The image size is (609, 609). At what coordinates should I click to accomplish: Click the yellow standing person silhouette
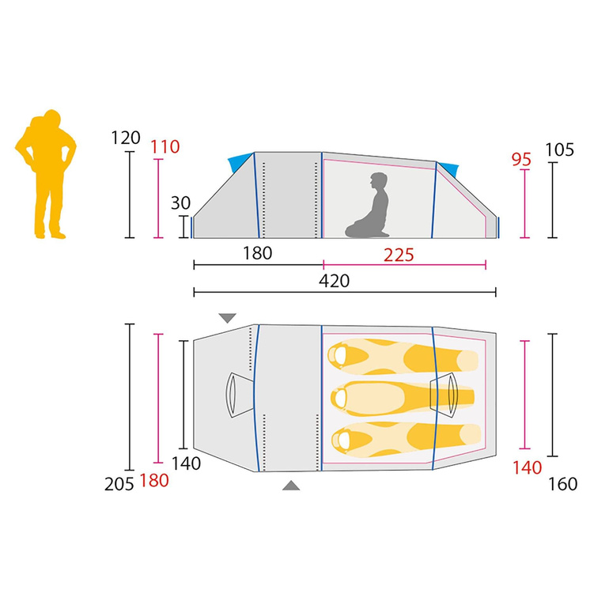46,175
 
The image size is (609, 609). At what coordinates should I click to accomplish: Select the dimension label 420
334,281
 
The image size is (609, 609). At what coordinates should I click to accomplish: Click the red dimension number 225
399,255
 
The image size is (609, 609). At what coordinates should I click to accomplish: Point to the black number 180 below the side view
257,253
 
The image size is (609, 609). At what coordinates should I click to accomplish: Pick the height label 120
126,138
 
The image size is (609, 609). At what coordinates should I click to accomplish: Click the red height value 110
165,147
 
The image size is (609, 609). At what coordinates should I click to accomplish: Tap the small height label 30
180,202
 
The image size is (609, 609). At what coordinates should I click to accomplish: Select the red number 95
521,159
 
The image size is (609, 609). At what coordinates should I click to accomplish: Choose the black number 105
559,150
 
